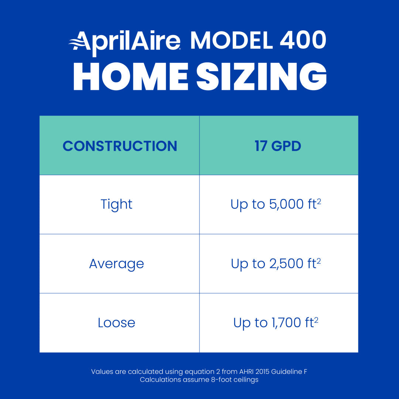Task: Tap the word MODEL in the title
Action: pyautogui.click(x=232, y=40)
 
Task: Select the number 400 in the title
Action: pyautogui.click(x=303, y=40)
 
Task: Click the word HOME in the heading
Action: pyautogui.click(x=131, y=77)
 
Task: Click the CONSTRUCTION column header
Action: pyautogui.click(x=120, y=146)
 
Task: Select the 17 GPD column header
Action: pyautogui.click(x=278, y=146)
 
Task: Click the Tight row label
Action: pyautogui.click(x=116, y=204)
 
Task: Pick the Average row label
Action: pyautogui.click(x=116, y=264)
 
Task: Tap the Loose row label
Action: pyautogui.click(x=116, y=323)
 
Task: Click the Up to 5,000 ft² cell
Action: pyautogui.click(x=275, y=204)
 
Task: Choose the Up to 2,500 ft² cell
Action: pyautogui.click(x=275, y=264)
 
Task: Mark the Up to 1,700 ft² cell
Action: pyautogui.click(x=275, y=323)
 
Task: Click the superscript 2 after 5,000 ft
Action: pyautogui.click(x=319, y=201)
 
